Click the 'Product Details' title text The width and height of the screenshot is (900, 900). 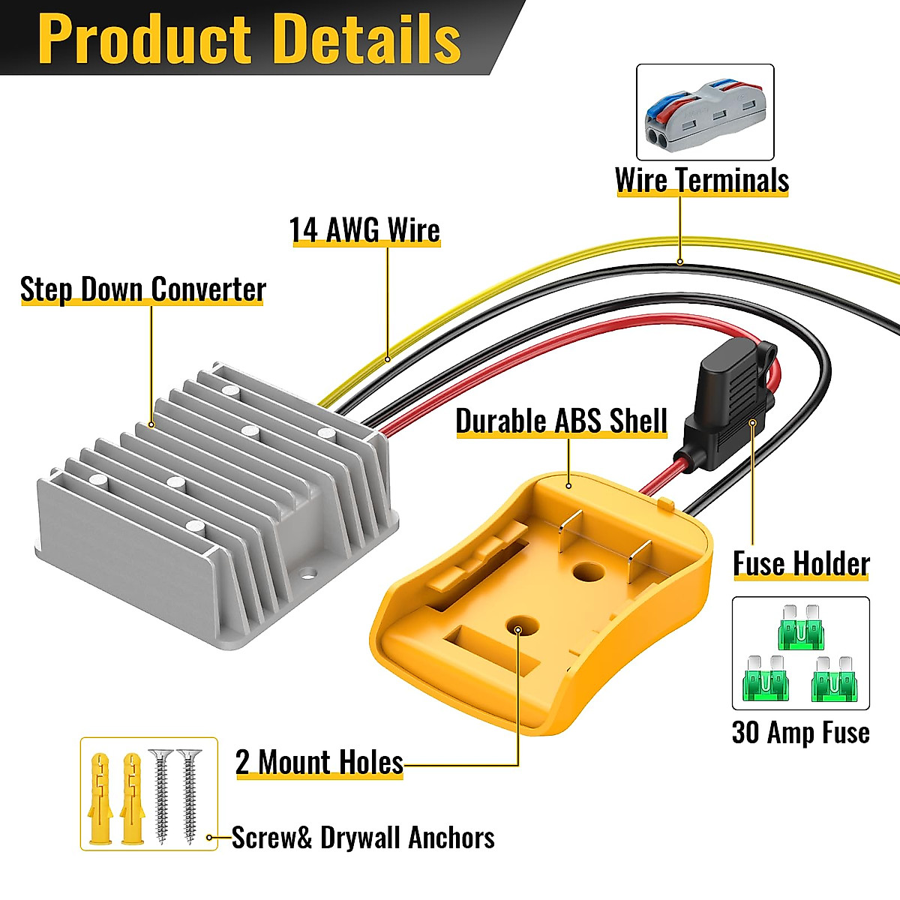249,39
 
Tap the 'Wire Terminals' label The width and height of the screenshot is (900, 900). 701,181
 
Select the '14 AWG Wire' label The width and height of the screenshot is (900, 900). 364,230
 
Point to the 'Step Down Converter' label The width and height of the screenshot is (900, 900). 143,289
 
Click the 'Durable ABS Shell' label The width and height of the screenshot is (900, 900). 561,421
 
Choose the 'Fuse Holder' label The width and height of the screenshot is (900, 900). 801,564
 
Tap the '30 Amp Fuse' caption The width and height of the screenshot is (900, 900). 800,732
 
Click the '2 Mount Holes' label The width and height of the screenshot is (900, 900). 319,762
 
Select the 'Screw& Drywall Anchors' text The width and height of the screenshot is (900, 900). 363,838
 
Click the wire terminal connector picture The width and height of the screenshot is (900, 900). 704,112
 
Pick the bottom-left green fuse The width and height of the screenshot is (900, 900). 765,679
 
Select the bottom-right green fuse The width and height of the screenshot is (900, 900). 834,679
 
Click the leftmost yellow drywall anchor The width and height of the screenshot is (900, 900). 100,798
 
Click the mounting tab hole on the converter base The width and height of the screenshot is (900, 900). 307,577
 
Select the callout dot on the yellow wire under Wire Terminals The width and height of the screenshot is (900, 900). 679,262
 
